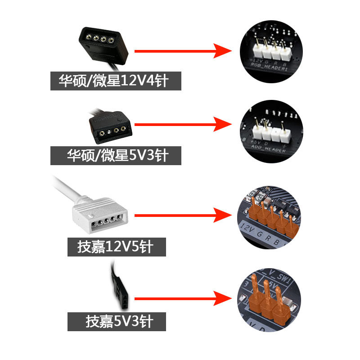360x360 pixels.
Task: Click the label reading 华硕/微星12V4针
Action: pyautogui.click(x=116, y=81)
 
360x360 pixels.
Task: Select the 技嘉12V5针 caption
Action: pyautogui.click(x=117, y=247)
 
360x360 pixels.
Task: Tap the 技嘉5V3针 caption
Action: pyautogui.click(x=117, y=322)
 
